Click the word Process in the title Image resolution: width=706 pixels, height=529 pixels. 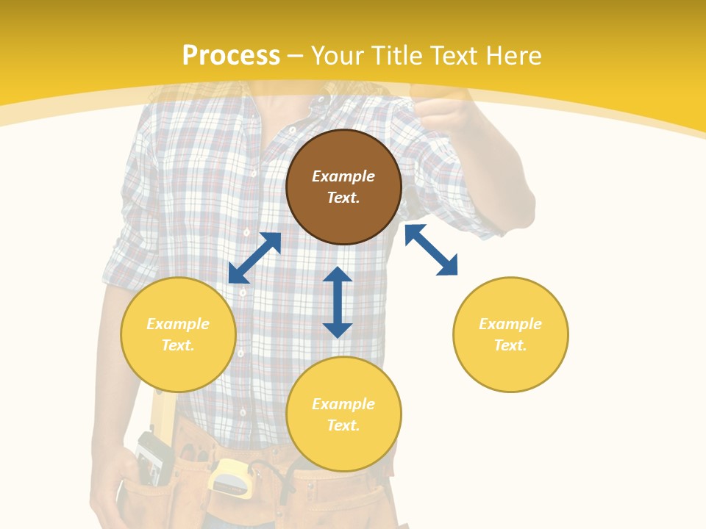(231, 56)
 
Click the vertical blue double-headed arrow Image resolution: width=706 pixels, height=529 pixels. (338, 302)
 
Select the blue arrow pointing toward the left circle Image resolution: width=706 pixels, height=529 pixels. (254, 258)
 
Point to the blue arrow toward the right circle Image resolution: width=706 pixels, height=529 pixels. (431, 250)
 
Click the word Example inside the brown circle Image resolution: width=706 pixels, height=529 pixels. (343, 176)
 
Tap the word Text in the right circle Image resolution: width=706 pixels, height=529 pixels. (510, 345)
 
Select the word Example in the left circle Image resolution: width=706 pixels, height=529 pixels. (178, 324)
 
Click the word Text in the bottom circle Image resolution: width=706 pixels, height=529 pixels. (343, 425)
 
